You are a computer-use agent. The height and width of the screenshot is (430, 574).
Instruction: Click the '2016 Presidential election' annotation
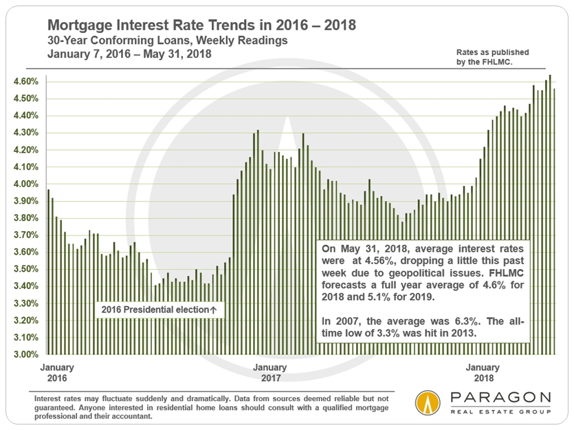point(153,310)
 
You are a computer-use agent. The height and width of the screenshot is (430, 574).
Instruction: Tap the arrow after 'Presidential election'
point(213,310)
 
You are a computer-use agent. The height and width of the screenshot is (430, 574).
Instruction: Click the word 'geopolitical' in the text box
point(432,273)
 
